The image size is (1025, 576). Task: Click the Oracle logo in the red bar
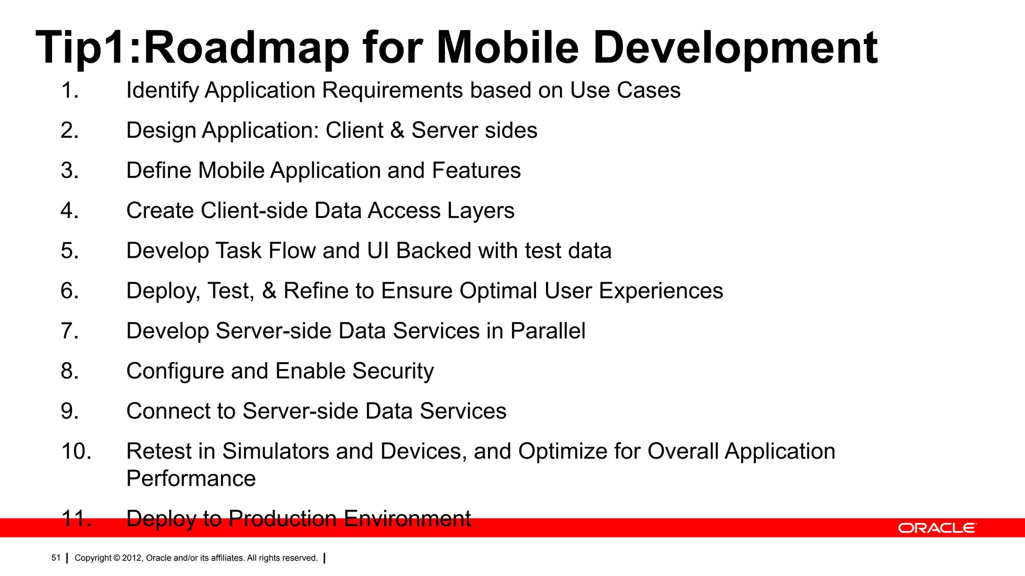pos(937,528)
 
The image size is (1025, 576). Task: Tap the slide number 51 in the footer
pos(56,558)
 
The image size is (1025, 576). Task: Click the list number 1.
pos(70,91)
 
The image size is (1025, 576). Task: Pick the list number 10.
pos(76,451)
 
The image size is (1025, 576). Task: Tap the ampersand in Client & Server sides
pos(397,131)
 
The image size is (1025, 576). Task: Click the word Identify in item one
pos(162,91)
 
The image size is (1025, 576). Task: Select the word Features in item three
pos(476,171)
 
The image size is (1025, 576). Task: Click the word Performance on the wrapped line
pos(191,479)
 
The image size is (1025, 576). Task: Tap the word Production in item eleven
pos(282,518)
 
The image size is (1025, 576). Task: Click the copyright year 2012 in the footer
pos(132,558)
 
